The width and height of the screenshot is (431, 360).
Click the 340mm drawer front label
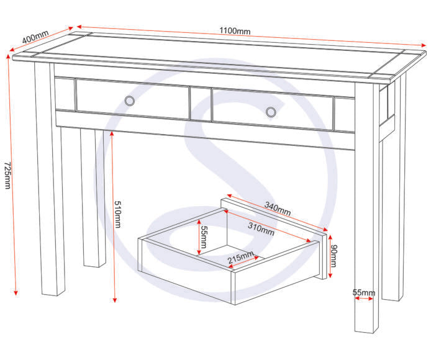[277, 209]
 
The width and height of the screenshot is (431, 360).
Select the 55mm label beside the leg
[363, 292]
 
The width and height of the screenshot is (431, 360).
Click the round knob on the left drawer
[129, 101]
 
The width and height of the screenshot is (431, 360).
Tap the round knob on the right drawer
[270, 112]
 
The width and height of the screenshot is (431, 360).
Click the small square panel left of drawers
[65, 94]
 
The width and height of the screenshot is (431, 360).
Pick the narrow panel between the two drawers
[201, 104]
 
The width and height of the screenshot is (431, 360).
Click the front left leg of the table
[50, 186]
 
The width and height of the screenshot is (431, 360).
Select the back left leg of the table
[93, 199]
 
